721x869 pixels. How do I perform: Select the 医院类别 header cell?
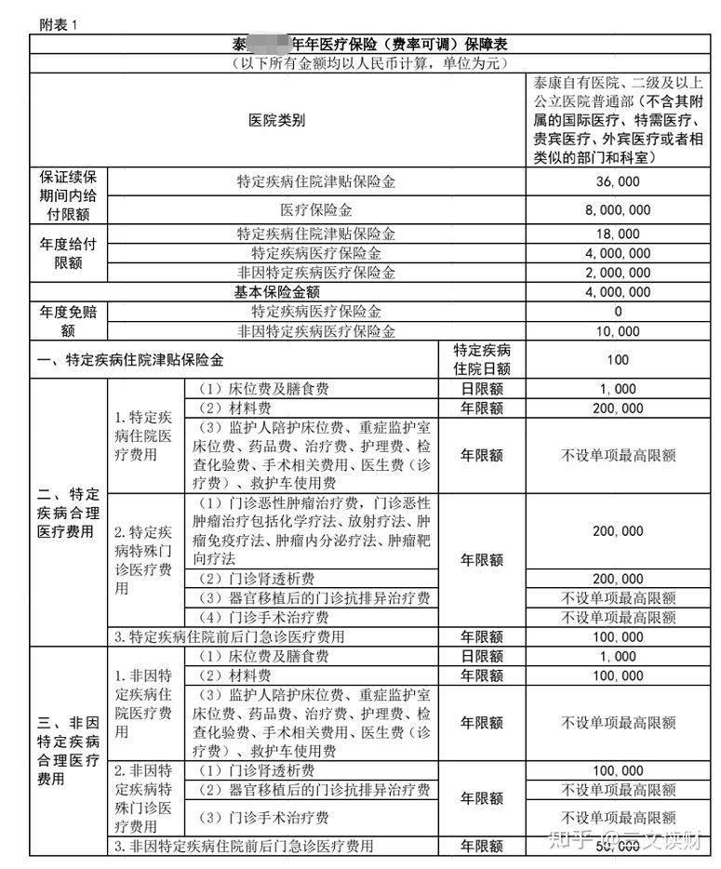click(276, 120)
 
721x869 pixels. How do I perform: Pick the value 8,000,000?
click(618, 211)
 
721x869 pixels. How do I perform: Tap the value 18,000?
click(618, 234)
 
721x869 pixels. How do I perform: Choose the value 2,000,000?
click(618, 273)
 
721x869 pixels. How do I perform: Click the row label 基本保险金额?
click(276, 292)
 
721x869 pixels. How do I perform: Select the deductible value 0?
click(618, 312)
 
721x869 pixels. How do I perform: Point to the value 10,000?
click(618, 331)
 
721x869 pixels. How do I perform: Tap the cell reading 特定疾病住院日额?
click(482, 359)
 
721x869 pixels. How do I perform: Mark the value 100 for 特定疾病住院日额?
click(618, 359)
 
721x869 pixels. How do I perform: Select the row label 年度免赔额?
click(69, 321)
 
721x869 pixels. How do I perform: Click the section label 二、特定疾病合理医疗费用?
click(69, 513)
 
